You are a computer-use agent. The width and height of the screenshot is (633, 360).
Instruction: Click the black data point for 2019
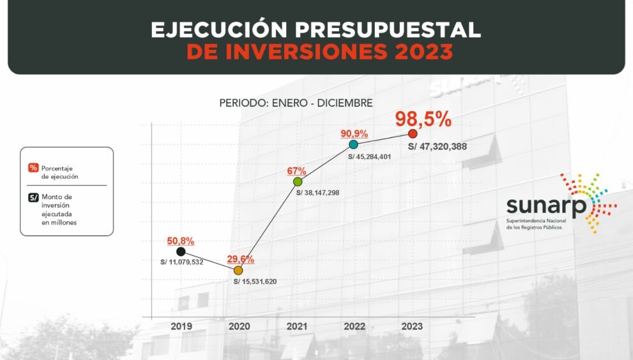(181, 251)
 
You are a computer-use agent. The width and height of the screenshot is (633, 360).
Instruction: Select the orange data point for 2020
(238, 271)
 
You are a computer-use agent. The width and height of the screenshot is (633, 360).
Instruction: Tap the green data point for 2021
(298, 182)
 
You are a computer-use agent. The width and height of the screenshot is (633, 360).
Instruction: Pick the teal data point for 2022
(353, 144)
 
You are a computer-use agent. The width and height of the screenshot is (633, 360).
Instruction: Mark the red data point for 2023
(413, 133)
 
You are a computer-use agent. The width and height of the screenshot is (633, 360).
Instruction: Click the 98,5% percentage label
(423, 119)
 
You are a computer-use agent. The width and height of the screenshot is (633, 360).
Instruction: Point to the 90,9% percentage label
(354, 133)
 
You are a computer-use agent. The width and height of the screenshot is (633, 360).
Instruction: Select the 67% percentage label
(297, 171)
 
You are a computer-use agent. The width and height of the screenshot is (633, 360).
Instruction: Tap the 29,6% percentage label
(241, 259)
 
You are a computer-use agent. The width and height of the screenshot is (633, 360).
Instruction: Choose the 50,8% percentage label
(181, 241)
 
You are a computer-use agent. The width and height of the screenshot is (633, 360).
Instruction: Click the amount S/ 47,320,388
(438, 147)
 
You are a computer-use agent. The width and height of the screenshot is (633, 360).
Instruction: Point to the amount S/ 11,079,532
(182, 262)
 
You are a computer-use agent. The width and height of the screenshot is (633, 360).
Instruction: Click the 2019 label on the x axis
(181, 326)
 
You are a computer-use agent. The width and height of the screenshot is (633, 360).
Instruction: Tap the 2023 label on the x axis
(412, 326)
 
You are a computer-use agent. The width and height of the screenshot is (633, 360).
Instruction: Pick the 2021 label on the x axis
(297, 326)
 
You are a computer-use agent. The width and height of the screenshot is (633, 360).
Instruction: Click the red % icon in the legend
(33, 168)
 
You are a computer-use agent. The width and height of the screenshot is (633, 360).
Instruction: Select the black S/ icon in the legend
(33, 197)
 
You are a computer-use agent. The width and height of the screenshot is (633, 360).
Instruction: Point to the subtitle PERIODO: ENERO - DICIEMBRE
(296, 103)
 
